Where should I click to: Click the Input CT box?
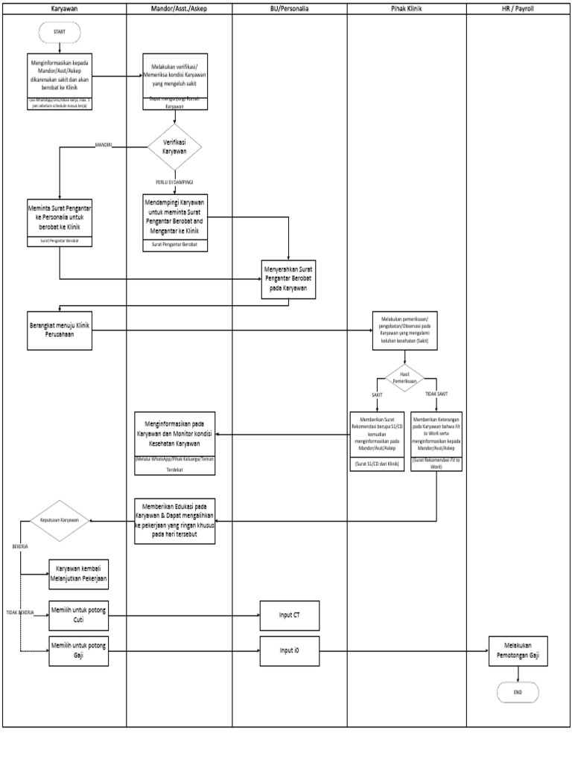289,615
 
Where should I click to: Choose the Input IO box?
289,650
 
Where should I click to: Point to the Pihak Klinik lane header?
407,9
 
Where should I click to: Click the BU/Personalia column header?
289,9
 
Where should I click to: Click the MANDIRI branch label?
103,144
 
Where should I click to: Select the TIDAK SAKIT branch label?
436,394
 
